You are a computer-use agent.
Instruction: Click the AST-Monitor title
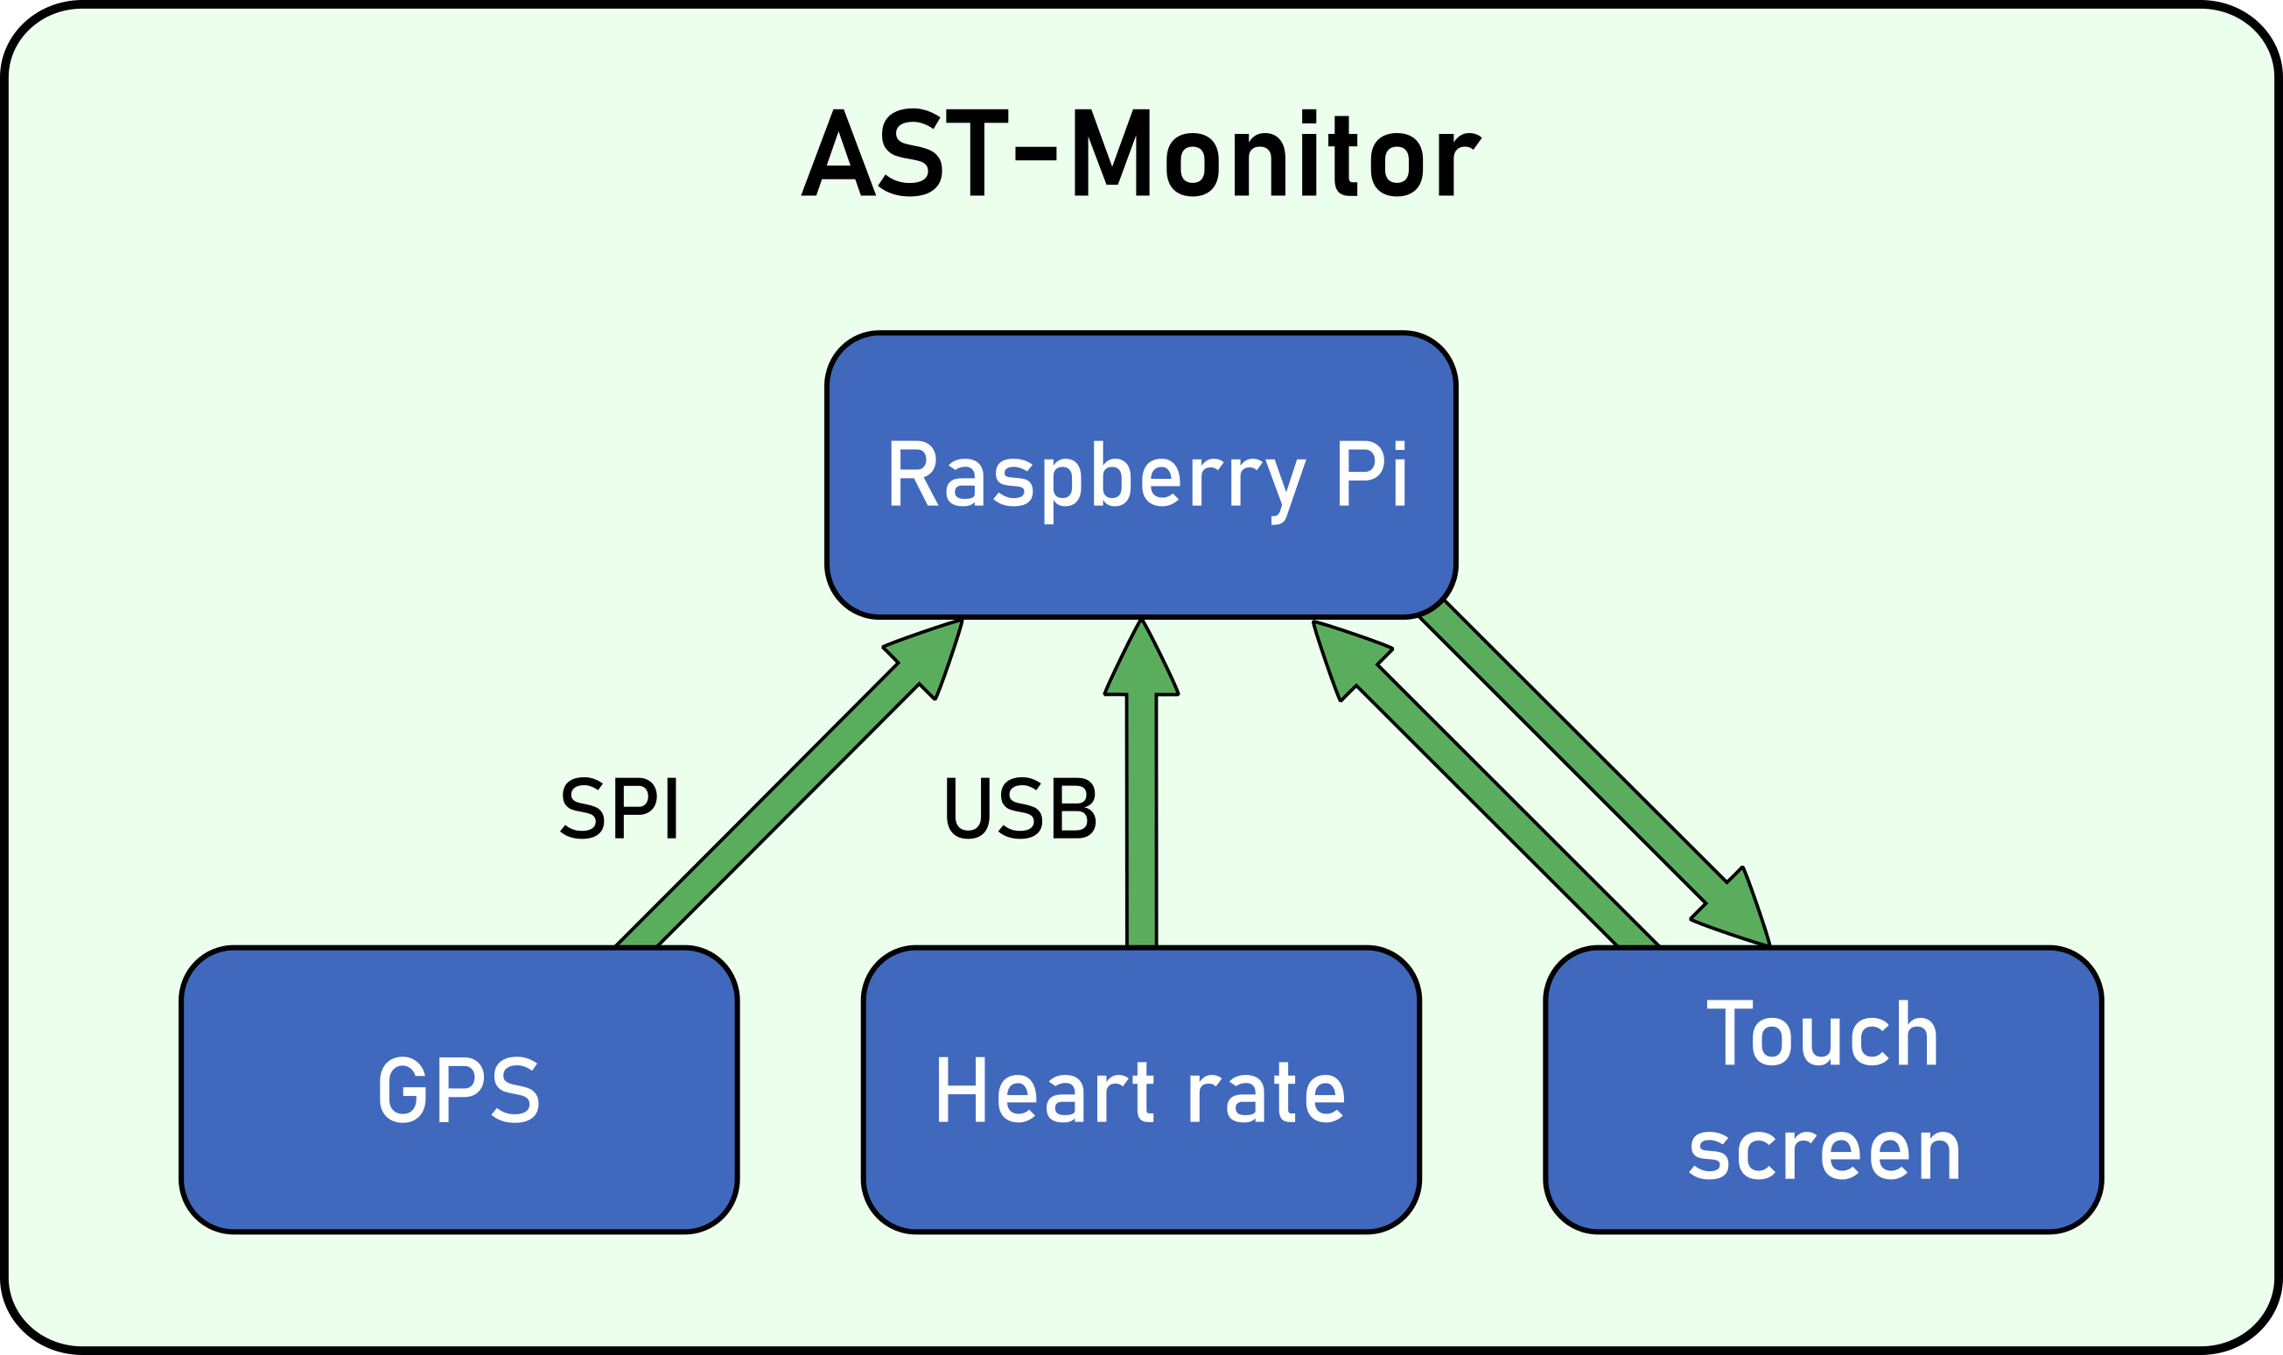(1141, 152)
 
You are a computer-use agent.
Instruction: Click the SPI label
(619, 808)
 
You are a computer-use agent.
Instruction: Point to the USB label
(1019, 808)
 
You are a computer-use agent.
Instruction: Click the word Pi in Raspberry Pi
(1373, 474)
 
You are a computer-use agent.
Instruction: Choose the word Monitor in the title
(1277, 152)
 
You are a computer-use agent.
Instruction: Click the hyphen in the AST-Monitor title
(1035, 153)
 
